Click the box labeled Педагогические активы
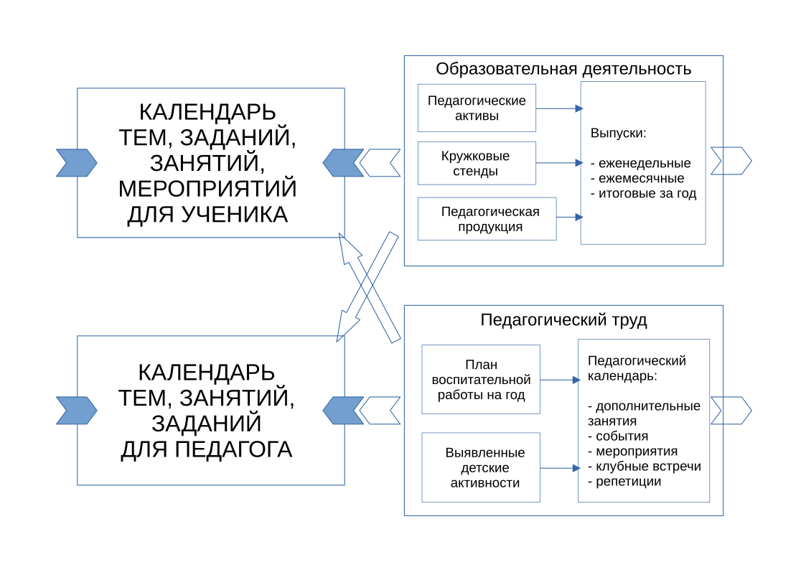(x=477, y=108)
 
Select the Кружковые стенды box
(x=477, y=164)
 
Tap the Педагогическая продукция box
(x=487, y=219)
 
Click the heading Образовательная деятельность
(x=563, y=69)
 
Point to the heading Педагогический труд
(x=563, y=320)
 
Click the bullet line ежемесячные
(x=637, y=178)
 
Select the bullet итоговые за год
(x=642, y=194)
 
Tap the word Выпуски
(x=617, y=134)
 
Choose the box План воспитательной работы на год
(x=481, y=380)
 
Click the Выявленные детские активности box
(x=481, y=467)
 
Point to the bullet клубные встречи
(x=643, y=467)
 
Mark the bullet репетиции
(x=624, y=482)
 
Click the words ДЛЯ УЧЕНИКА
(x=207, y=215)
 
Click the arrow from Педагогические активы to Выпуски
(x=559, y=108)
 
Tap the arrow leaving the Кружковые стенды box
(x=559, y=164)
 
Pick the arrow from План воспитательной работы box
(x=559, y=380)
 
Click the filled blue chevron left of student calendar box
(x=76, y=163)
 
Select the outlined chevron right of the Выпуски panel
(x=731, y=161)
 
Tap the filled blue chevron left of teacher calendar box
(x=76, y=410)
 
